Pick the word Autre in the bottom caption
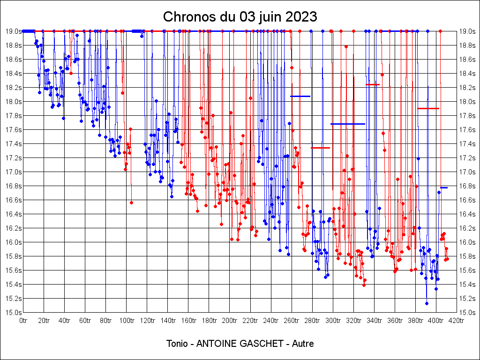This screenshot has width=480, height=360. pyautogui.click(x=303, y=344)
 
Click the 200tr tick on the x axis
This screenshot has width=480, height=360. pyautogui.click(x=229, y=321)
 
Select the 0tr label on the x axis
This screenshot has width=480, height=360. pyautogui.click(x=23, y=321)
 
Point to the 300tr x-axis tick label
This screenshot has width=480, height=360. pyautogui.click(x=332, y=321)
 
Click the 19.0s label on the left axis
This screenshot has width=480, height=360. pyautogui.click(x=13, y=31)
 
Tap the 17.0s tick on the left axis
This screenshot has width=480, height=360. pyautogui.click(x=13, y=172)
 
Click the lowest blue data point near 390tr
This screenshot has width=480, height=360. pyautogui.click(x=427, y=303)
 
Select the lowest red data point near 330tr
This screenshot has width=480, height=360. pyautogui.click(x=364, y=285)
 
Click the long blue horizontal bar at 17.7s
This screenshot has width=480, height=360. pyautogui.click(x=347, y=124)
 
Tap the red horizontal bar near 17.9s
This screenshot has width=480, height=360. pyautogui.click(x=428, y=108)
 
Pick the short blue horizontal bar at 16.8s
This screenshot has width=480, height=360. pyautogui.click(x=444, y=187)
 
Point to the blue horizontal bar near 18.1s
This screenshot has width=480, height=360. pyautogui.click(x=300, y=96)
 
